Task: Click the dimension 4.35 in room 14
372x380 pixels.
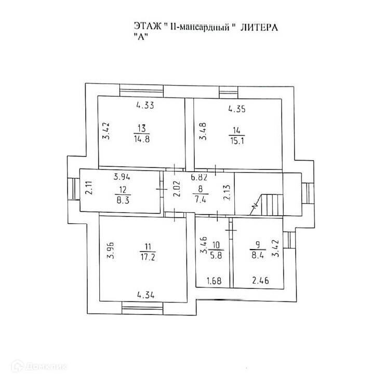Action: [x=237, y=110]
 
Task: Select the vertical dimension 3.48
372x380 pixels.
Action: [x=204, y=131]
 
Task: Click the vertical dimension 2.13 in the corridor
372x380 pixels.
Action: [x=225, y=192]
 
